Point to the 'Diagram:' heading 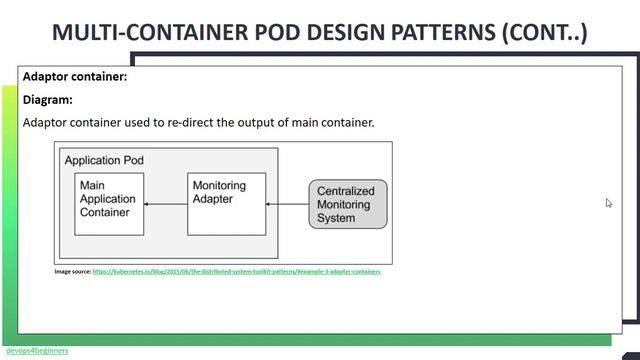click(48, 99)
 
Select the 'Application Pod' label click(104, 160)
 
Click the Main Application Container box click(109, 203)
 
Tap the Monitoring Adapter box click(227, 203)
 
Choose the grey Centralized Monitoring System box click(347, 204)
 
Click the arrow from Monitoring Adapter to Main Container click(166, 204)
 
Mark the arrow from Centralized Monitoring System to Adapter click(287, 204)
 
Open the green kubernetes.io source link click(236, 271)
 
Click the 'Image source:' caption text click(72, 271)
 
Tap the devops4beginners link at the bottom click(37, 351)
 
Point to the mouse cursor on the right click(609, 203)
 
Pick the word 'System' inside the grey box click(337, 217)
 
